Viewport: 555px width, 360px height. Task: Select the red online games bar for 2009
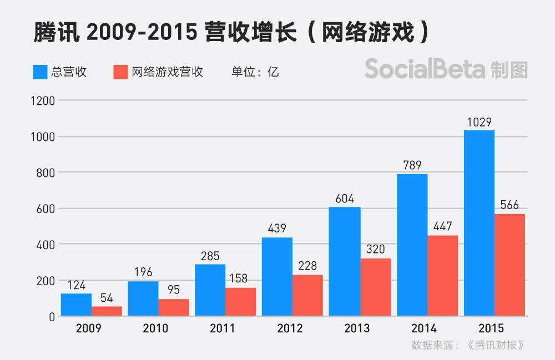(x=107, y=311)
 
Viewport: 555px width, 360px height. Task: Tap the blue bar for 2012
(x=277, y=277)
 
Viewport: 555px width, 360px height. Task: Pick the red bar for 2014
(x=442, y=276)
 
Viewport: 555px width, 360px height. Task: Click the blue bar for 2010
(x=143, y=298)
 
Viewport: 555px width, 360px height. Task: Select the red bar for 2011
(x=241, y=302)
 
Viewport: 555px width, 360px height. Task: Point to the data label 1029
(x=479, y=122)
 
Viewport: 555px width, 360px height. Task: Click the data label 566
(x=509, y=205)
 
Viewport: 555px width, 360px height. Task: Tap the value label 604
(x=345, y=199)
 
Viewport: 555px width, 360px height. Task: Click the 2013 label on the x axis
(x=356, y=328)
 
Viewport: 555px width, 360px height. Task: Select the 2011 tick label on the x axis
(x=222, y=328)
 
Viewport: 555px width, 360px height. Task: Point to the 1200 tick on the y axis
(x=43, y=101)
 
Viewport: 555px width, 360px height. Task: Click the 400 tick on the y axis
(x=47, y=245)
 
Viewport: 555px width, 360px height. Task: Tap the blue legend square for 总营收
(x=40, y=72)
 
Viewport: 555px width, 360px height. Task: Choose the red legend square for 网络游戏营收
(x=120, y=72)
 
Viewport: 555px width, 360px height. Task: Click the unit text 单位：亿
(x=255, y=72)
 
